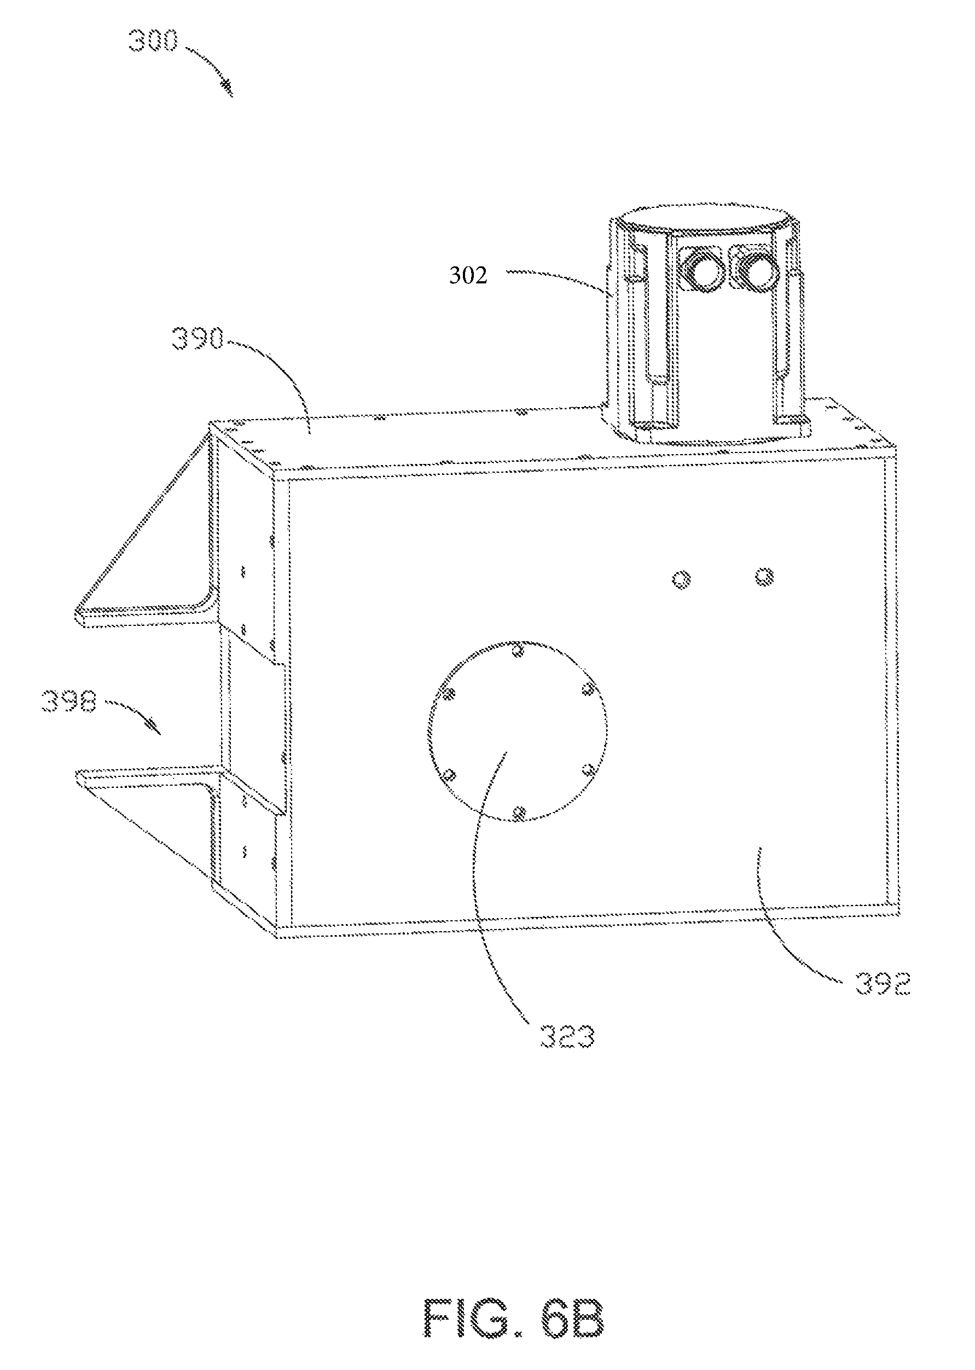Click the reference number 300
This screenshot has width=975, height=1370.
153,42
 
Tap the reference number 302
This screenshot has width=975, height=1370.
468,276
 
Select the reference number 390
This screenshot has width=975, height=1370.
198,340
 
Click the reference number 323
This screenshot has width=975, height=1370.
567,1037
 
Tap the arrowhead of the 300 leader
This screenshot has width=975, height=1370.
229,88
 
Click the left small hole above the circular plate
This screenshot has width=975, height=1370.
681,579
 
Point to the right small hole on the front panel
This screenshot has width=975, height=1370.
764,577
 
